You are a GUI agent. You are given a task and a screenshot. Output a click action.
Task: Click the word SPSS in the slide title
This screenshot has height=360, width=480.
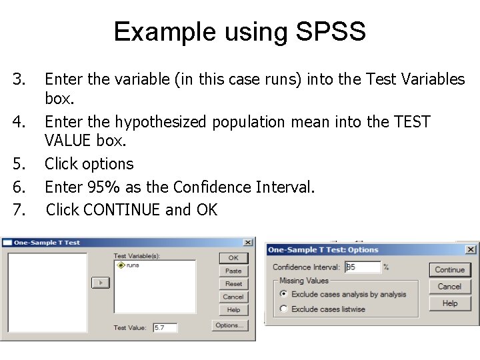pos(327,31)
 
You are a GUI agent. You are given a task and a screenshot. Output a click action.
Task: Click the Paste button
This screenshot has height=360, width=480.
pos(233,271)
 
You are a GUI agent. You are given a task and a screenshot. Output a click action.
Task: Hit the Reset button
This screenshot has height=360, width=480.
pos(233,284)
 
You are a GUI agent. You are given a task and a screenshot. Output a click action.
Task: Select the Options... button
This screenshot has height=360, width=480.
pos(230,325)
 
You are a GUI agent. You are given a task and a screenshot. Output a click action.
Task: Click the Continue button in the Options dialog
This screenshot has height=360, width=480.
pos(449,270)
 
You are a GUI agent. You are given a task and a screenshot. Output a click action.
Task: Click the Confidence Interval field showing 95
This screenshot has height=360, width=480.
pos(362,267)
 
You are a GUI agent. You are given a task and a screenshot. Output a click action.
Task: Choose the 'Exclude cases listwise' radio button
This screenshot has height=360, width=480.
pos(284,309)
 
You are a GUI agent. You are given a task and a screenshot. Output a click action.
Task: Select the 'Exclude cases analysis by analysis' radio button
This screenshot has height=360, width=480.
pos(284,294)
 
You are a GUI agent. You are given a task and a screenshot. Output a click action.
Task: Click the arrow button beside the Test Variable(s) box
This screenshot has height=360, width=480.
pos(100,283)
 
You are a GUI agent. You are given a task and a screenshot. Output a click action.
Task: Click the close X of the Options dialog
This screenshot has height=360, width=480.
pos(471,249)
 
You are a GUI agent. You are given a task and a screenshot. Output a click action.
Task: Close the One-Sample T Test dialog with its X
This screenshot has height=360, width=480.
pos(248,243)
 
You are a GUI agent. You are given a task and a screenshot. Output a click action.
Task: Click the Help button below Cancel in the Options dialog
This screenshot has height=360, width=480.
pos(449,303)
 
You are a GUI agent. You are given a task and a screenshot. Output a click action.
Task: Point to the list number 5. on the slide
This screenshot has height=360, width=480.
pos(19,164)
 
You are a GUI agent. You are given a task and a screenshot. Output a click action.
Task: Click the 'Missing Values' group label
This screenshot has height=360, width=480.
pos(304,281)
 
